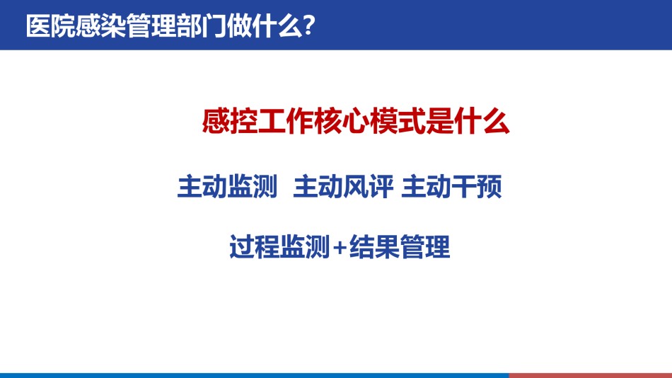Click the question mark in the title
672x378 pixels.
tap(308, 25)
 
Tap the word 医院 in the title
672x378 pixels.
tap(50, 25)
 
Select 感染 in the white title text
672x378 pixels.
tap(100, 25)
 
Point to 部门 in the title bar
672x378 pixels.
tap(202, 25)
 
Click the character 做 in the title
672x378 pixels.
tap(239, 25)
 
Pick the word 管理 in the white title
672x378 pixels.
tap(151, 25)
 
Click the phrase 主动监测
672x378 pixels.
tap(227, 186)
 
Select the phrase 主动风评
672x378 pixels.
tap(343, 186)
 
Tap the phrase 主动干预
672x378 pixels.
tap(451, 186)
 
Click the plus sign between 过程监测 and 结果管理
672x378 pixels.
tap(340, 248)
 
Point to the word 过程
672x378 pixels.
tap(254, 247)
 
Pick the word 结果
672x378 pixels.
tap(375, 247)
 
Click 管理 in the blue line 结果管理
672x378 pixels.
tap(425, 247)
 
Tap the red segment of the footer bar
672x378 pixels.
tap(591, 375)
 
